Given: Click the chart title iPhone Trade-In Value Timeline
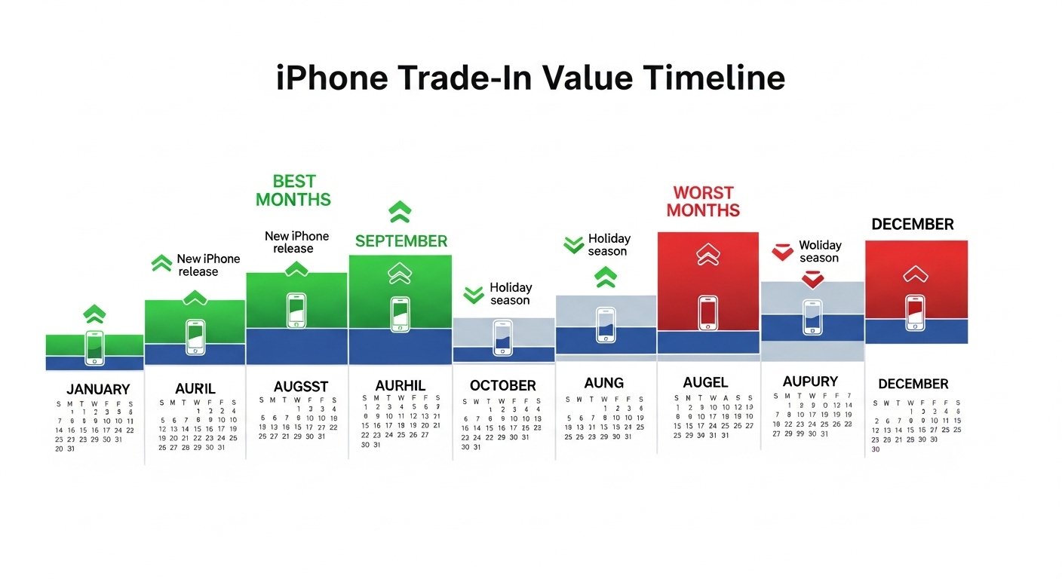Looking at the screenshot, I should pos(530,78).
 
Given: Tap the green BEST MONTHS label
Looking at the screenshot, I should pos(293,190).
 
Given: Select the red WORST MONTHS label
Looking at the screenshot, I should pos(703,201).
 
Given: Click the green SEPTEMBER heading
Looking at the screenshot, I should pos(401,241).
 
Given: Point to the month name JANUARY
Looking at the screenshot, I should pos(98,390).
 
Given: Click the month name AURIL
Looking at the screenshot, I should pos(195,389).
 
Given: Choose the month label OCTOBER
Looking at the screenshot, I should pos(503,385).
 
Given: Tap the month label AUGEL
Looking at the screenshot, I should pos(705,382).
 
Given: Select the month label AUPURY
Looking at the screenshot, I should pos(810,381).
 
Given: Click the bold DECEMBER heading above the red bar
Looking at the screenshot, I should pos(913,224).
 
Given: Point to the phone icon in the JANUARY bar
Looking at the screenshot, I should pos(95,348).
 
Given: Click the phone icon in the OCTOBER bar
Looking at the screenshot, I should pos(502,336).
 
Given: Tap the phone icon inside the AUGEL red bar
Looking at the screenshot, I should pos(707,313).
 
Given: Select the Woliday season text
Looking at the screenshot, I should pos(819,251).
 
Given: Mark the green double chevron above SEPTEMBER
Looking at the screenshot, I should pos(400,212).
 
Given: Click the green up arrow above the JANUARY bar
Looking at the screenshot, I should pos(94,313).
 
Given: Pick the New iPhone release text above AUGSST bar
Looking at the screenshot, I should pos(296,242).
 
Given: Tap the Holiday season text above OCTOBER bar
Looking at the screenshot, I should pos(511,294).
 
